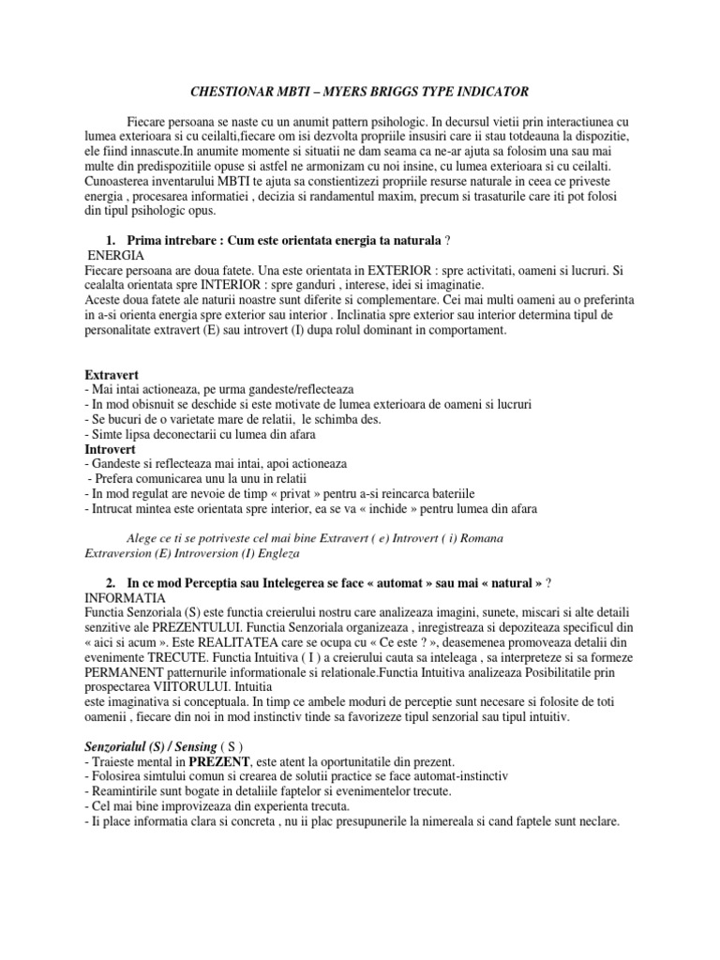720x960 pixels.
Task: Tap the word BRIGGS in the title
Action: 404,91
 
